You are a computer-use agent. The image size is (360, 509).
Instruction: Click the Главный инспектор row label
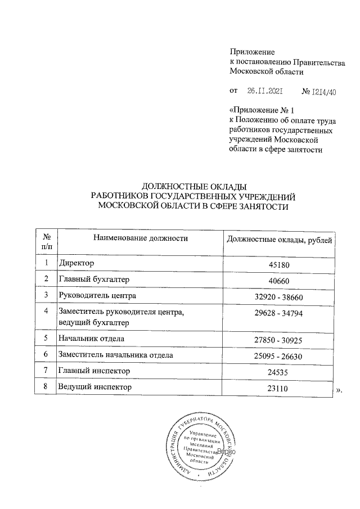coord(94,371)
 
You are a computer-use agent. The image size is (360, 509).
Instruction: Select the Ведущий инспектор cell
coord(95,388)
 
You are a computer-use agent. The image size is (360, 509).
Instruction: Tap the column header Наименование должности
coord(141,239)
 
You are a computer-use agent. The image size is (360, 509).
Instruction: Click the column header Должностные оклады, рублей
coord(279,240)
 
